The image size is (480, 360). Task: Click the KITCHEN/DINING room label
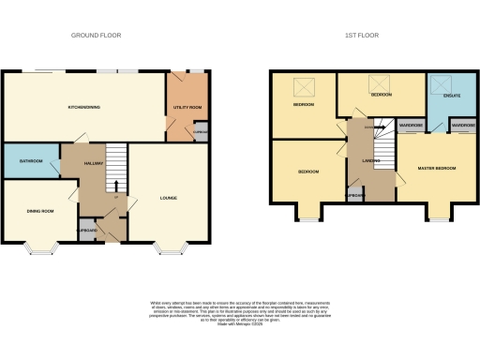coord(84,108)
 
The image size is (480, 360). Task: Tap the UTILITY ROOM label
coord(188,108)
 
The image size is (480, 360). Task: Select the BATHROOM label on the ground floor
coord(31,161)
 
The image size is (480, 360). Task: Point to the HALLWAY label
coord(93,163)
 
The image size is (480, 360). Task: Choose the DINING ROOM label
coord(38,211)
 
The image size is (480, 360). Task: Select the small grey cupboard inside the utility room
coord(200,132)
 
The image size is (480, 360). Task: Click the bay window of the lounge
coord(171,249)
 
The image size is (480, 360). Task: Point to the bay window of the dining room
coord(42,249)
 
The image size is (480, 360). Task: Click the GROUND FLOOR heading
coord(97,36)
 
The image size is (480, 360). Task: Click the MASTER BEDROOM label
coord(437,168)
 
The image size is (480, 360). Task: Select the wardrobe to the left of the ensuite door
coord(412,125)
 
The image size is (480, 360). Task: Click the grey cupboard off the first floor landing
coord(355,195)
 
